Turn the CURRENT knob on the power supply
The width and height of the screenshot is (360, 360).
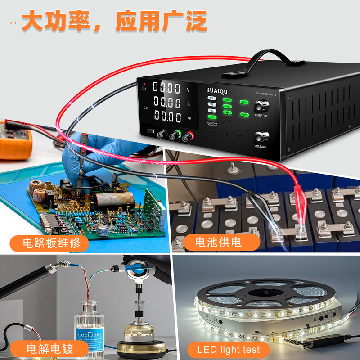click(261, 106)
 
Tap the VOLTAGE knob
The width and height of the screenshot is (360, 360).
click(260, 137)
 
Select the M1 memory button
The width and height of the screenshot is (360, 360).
click(211, 98)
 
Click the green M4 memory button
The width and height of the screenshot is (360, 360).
click(212, 117)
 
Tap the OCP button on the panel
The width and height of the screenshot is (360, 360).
click(227, 100)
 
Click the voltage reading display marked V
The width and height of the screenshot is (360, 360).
click(167, 87)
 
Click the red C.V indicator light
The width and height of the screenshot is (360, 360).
click(144, 84)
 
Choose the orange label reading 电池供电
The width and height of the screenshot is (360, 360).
click(218, 243)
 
